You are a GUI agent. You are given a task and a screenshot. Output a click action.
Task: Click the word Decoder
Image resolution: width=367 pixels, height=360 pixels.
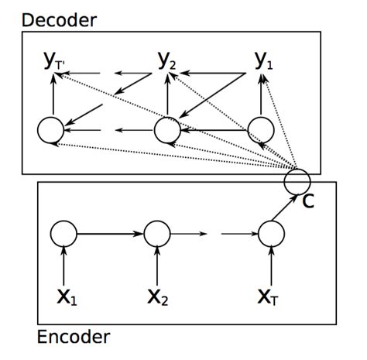tap(59, 19)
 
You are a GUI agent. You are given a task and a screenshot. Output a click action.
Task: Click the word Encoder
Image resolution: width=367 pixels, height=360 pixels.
tap(73, 337)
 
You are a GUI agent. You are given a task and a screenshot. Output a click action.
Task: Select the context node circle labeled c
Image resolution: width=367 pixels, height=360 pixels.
tap(297, 181)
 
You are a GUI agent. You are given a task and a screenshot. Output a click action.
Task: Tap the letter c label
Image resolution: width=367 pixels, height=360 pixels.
tap(308, 202)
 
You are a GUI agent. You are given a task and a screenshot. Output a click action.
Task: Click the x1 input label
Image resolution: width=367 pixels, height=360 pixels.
tap(67, 297)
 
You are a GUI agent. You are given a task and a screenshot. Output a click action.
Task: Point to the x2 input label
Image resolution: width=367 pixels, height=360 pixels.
tap(159, 297)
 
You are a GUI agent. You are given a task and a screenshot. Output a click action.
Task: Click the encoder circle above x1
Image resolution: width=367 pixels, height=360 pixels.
tap(63, 232)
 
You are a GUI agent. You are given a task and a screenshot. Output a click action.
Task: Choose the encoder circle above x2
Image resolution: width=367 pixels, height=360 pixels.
tap(157, 232)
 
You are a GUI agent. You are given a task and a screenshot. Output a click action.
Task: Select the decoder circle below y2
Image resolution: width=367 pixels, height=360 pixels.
tap(166, 129)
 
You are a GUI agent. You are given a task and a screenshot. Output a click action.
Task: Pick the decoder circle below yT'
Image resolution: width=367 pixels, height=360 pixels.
tap(53, 129)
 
